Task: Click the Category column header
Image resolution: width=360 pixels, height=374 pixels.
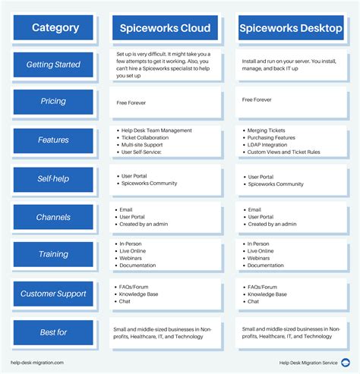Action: point(55,28)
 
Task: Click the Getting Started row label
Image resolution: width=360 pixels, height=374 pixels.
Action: point(54,64)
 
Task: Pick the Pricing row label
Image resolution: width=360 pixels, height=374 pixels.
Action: point(54,102)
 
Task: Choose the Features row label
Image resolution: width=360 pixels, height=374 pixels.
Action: point(54,140)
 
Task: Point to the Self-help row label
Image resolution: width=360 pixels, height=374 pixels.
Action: point(54,179)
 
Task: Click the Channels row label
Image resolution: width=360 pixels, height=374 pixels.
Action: point(54,218)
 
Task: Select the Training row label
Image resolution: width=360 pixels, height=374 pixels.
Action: point(54,255)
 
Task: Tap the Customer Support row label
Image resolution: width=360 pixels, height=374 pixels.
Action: point(54,294)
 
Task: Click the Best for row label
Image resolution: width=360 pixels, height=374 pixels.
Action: point(54,332)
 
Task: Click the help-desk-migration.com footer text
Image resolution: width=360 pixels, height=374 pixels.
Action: point(37,363)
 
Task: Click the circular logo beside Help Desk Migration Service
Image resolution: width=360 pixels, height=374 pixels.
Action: point(346,363)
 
